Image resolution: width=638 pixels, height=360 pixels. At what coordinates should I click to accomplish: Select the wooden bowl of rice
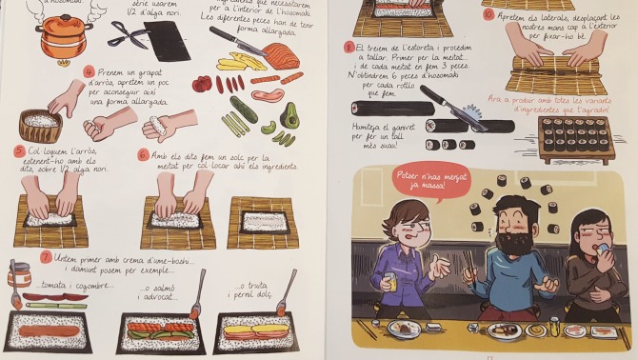point(40,123)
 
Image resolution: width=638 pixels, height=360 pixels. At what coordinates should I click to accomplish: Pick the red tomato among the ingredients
point(202,83)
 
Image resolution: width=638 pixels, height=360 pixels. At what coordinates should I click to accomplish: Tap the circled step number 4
point(89,71)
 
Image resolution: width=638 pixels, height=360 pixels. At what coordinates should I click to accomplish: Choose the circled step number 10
point(488,14)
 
